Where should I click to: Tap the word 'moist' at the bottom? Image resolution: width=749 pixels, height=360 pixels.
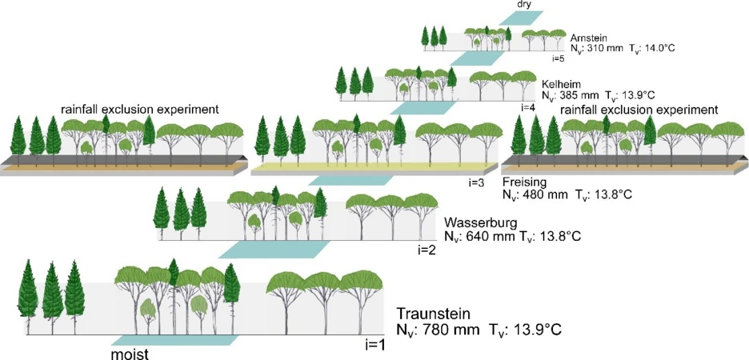(x=130, y=352)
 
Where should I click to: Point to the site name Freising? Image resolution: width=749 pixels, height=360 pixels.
(x=523, y=182)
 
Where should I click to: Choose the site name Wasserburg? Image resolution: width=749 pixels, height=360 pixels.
(x=479, y=222)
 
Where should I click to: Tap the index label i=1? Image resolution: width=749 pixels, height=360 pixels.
(x=374, y=344)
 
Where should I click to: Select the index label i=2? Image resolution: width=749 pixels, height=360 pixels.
(x=426, y=250)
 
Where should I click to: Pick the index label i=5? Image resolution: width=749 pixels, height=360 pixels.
(x=559, y=58)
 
